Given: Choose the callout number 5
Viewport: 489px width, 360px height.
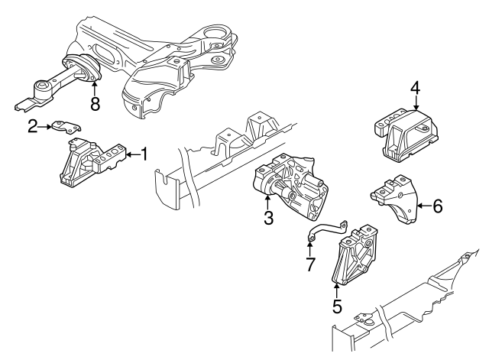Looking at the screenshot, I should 337,308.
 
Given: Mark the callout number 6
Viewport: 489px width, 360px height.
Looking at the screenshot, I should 437,206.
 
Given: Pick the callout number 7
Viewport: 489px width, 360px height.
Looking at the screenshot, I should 310,265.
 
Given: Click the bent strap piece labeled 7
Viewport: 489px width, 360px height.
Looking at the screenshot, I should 327,230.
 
